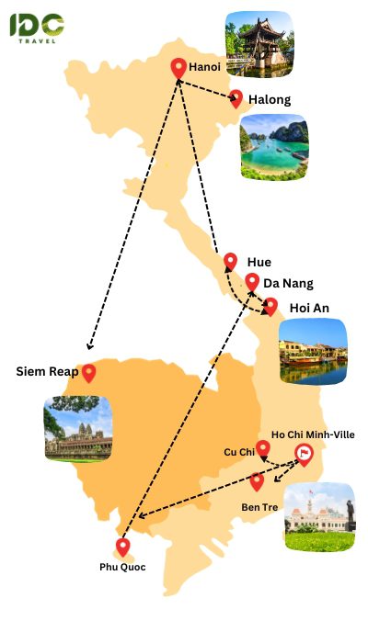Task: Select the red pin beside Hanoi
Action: click(x=179, y=67)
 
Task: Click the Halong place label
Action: click(x=270, y=99)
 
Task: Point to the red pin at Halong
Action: click(x=236, y=97)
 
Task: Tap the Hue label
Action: click(x=259, y=262)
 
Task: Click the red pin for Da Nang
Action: click(x=252, y=281)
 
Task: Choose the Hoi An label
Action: click(x=310, y=308)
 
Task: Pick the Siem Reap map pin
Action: click(x=89, y=373)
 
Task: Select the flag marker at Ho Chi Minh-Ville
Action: click(x=304, y=453)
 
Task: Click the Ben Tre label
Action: click(x=259, y=507)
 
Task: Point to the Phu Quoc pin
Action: click(x=122, y=547)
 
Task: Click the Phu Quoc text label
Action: click(x=122, y=567)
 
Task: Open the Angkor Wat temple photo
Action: click(x=78, y=429)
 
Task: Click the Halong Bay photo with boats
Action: click(x=274, y=147)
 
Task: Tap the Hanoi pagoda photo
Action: click(x=259, y=44)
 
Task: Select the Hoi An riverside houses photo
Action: click(x=313, y=352)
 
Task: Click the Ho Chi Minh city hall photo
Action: click(x=318, y=517)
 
